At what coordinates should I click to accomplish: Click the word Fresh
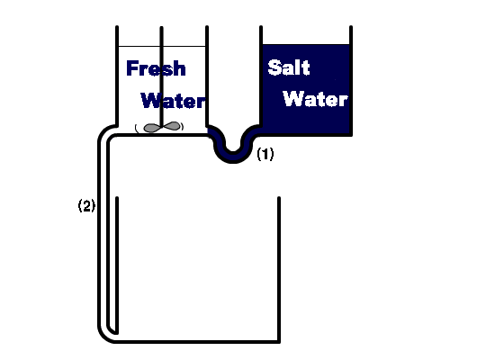point(156,68)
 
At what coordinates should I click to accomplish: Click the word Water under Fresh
point(174,101)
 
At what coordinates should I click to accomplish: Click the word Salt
point(289,67)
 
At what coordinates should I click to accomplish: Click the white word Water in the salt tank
point(315,99)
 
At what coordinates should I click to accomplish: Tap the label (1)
point(265,154)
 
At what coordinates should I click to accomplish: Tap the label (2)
point(86,205)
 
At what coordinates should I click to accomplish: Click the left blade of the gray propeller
point(152,128)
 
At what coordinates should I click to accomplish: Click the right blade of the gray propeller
point(171,126)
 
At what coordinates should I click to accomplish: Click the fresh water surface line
point(162,46)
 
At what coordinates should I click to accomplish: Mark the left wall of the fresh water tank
point(117,76)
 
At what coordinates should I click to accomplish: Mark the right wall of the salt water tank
point(351,81)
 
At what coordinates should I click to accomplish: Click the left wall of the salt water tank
point(261,76)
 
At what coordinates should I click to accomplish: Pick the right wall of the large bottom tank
point(279,269)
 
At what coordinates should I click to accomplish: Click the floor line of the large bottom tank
point(195,342)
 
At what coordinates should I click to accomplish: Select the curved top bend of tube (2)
point(106,132)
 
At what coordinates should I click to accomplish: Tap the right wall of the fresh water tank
point(207,76)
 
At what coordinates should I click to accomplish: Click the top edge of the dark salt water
point(306,45)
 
